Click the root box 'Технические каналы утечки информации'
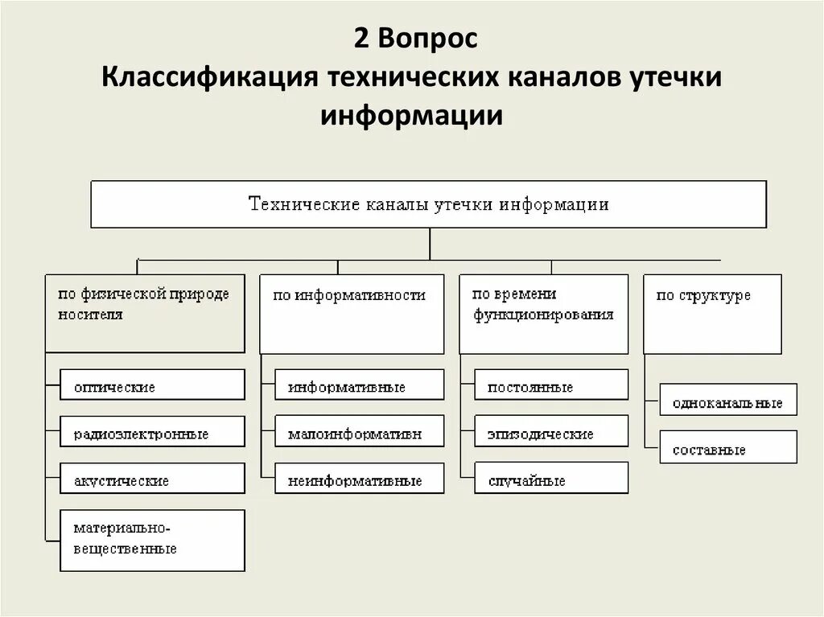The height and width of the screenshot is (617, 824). point(428,204)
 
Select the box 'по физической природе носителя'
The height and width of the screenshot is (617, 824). point(145,313)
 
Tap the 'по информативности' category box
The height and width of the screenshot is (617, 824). point(351,313)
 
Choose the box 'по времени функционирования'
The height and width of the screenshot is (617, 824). point(543,313)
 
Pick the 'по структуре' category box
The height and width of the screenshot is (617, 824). point(712,313)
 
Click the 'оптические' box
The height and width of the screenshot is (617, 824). point(152,385)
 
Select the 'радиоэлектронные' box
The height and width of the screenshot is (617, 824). point(152,432)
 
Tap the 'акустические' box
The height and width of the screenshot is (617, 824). point(152,479)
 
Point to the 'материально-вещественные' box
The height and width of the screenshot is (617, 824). point(152,540)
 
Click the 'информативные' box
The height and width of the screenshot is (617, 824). point(359,385)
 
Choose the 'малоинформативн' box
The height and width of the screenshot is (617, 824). point(359,432)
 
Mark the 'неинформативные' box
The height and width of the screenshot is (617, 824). point(359,479)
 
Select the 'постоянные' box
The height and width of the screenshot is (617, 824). point(551,385)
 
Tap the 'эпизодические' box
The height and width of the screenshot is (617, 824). point(551,432)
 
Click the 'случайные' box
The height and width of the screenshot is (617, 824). point(551,479)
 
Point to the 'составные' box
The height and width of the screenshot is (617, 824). point(728,447)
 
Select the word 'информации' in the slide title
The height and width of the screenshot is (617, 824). point(412,116)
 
